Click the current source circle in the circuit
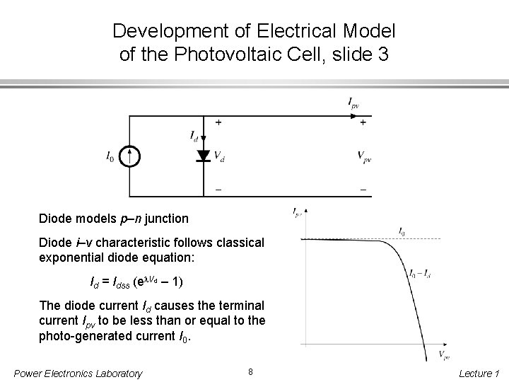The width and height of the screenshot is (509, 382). point(129,156)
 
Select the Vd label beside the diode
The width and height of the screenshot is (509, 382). point(220,157)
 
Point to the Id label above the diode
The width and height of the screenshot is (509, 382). point(194,134)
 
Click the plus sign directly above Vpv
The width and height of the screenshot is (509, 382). point(363,122)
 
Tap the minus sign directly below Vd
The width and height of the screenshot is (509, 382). point(218,189)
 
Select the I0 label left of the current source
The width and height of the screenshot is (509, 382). point(109,156)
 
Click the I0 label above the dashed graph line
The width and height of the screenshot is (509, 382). point(402,231)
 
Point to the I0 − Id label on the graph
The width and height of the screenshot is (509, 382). point(421,274)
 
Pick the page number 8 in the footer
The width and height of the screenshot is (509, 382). point(251,371)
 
